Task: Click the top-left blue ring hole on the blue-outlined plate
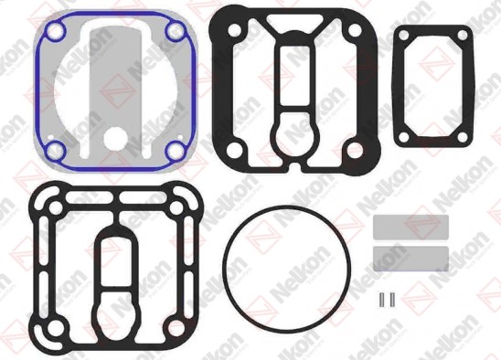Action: coord(54,34)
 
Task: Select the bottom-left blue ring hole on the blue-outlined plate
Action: coord(54,150)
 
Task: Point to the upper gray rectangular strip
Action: coord(410,228)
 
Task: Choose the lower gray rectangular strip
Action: coord(410,257)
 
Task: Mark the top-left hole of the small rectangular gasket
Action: coord(403,36)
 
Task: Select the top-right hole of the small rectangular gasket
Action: coord(463,36)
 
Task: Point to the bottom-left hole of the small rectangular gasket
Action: coord(403,136)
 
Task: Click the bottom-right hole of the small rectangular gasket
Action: coord(463,136)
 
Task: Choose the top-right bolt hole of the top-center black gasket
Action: coord(352,29)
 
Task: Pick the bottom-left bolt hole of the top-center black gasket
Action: coord(234,152)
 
